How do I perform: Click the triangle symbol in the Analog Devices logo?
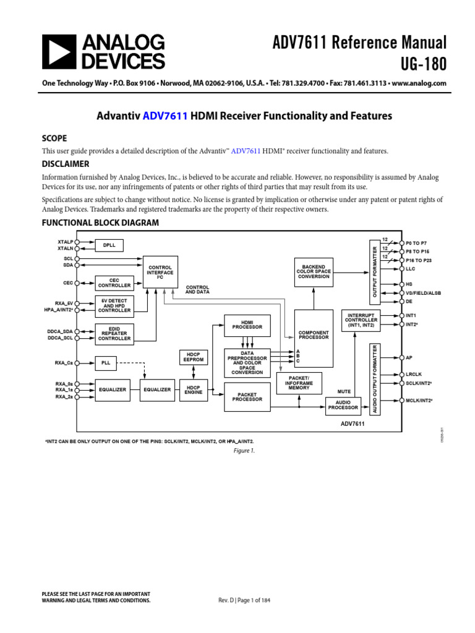(x=57, y=51)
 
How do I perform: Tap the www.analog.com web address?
(x=419, y=83)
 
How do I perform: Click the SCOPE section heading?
(x=54, y=138)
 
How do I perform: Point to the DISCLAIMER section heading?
(x=65, y=164)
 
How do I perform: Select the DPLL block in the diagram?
(x=109, y=245)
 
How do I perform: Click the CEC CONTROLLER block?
(x=114, y=283)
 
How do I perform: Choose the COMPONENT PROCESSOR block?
(x=314, y=334)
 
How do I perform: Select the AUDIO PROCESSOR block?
(x=343, y=405)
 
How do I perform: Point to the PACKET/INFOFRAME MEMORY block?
(x=299, y=383)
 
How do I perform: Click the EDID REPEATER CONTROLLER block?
(x=114, y=333)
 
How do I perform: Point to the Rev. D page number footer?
(x=245, y=600)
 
